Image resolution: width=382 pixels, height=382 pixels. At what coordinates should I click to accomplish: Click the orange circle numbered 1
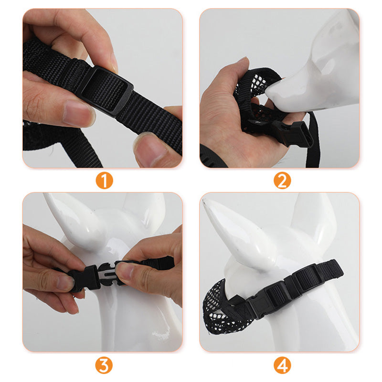104,181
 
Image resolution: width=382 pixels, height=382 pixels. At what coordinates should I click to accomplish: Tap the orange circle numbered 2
283,181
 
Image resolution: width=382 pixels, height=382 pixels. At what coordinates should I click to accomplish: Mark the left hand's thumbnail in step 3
64,282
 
